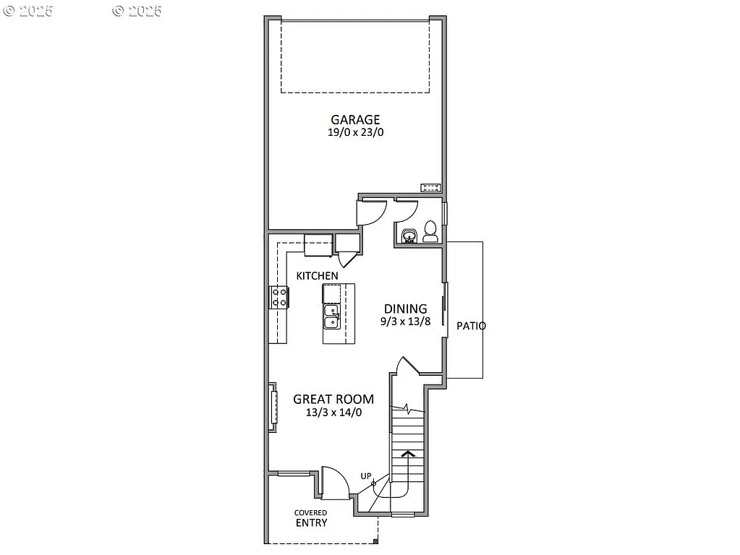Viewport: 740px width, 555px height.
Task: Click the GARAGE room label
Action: pyautogui.click(x=355, y=120)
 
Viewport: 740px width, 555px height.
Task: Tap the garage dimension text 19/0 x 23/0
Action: pyautogui.click(x=355, y=133)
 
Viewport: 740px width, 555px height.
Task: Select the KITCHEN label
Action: pyautogui.click(x=317, y=276)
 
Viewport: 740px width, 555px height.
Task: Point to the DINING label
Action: pyautogui.click(x=405, y=309)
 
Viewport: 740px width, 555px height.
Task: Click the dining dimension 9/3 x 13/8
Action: pyautogui.click(x=407, y=322)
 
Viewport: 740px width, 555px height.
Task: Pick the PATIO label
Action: pyautogui.click(x=471, y=326)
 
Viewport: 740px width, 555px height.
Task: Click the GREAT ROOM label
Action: pyautogui.click(x=333, y=399)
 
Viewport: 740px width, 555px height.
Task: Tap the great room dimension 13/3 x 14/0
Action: pyautogui.click(x=333, y=413)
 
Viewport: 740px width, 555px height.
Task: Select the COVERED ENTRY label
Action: pyautogui.click(x=311, y=518)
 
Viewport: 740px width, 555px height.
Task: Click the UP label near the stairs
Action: pyautogui.click(x=367, y=476)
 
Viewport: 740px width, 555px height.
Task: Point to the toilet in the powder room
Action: pyautogui.click(x=430, y=231)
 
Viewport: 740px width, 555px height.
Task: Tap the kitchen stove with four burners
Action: pyautogui.click(x=279, y=297)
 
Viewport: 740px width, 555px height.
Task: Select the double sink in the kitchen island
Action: pyautogui.click(x=331, y=317)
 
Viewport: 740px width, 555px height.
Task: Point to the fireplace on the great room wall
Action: pyautogui.click(x=273, y=408)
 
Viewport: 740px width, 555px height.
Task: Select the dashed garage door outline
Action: pyautogui.click(x=355, y=56)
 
